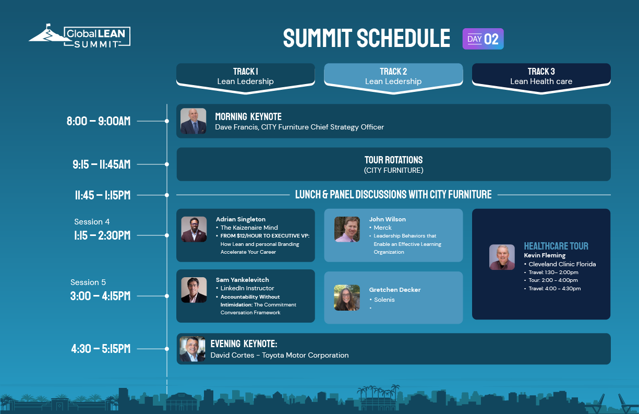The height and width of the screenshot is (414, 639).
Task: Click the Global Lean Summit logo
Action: pyautogui.click(x=80, y=36)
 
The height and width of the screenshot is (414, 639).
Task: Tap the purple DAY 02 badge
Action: pyautogui.click(x=483, y=39)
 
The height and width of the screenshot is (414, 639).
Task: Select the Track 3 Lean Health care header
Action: pyautogui.click(x=541, y=78)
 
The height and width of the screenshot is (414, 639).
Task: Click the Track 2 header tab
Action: pyautogui.click(x=393, y=78)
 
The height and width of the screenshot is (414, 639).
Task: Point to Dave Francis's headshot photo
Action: pyautogui.click(x=193, y=121)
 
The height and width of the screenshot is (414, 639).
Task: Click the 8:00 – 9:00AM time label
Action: pyautogui.click(x=99, y=121)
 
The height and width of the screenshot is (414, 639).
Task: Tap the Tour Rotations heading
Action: pyautogui.click(x=394, y=160)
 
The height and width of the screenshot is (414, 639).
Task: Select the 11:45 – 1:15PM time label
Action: pyautogui.click(x=103, y=195)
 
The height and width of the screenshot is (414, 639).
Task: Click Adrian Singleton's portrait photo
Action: pyautogui.click(x=194, y=229)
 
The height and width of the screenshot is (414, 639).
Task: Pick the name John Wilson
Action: pyautogui.click(x=388, y=219)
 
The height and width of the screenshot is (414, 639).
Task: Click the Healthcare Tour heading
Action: pyautogui.click(x=556, y=246)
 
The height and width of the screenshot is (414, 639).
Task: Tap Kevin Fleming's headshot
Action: pyautogui.click(x=502, y=257)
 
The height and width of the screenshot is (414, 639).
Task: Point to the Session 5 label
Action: pyautogui.click(x=88, y=282)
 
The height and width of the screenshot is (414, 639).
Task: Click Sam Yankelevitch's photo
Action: pyautogui.click(x=194, y=290)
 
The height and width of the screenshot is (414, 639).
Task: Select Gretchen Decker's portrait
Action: pyautogui.click(x=347, y=298)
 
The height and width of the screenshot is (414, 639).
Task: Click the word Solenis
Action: pyautogui.click(x=384, y=300)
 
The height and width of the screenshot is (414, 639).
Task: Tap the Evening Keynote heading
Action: pyautogui.click(x=244, y=344)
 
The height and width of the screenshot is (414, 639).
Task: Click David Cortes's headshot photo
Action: pyautogui.click(x=192, y=349)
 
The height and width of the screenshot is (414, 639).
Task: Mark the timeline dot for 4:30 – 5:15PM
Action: pyautogui.click(x=167, y=349)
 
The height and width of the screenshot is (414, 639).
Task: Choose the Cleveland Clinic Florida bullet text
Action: pyautogui.click(x=562, y=264)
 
